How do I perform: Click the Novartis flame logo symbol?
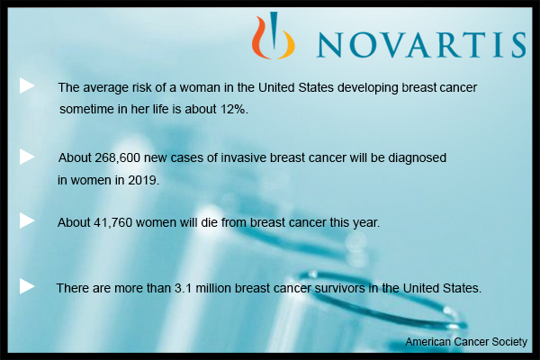point(274,35)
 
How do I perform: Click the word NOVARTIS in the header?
point(421,44)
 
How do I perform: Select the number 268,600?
point(117,157)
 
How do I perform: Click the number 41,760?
point(113,222)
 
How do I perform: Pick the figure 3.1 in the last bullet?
point(183,288)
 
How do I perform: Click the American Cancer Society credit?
point(466,341)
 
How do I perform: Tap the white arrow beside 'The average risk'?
point(27,85)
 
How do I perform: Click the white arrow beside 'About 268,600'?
point(27,157)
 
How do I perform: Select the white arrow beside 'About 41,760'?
point(27,220)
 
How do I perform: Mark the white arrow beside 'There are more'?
point(27,286)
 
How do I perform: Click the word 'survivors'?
point(339,288)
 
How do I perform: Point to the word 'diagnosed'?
point(417,158)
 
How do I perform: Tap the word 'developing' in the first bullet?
point(368,88)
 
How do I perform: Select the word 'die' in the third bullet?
point(209,222)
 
